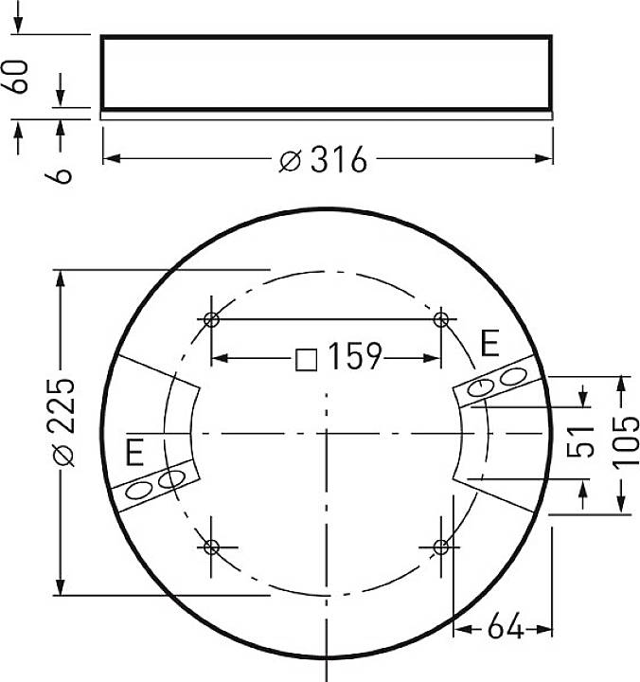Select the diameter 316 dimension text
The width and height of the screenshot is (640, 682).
324,160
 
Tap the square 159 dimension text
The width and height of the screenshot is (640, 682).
340,358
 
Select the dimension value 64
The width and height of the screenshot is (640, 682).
506,627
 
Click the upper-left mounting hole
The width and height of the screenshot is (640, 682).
211,319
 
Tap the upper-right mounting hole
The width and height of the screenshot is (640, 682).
440,319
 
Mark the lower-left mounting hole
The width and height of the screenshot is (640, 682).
211,547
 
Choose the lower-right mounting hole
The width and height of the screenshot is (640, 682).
440,547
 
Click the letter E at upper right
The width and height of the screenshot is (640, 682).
489,343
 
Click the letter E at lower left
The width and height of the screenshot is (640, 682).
134,453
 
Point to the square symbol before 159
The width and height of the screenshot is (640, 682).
306,359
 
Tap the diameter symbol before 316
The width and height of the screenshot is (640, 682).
290,161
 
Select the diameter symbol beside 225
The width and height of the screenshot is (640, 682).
62,456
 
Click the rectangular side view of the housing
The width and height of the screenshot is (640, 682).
326,74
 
